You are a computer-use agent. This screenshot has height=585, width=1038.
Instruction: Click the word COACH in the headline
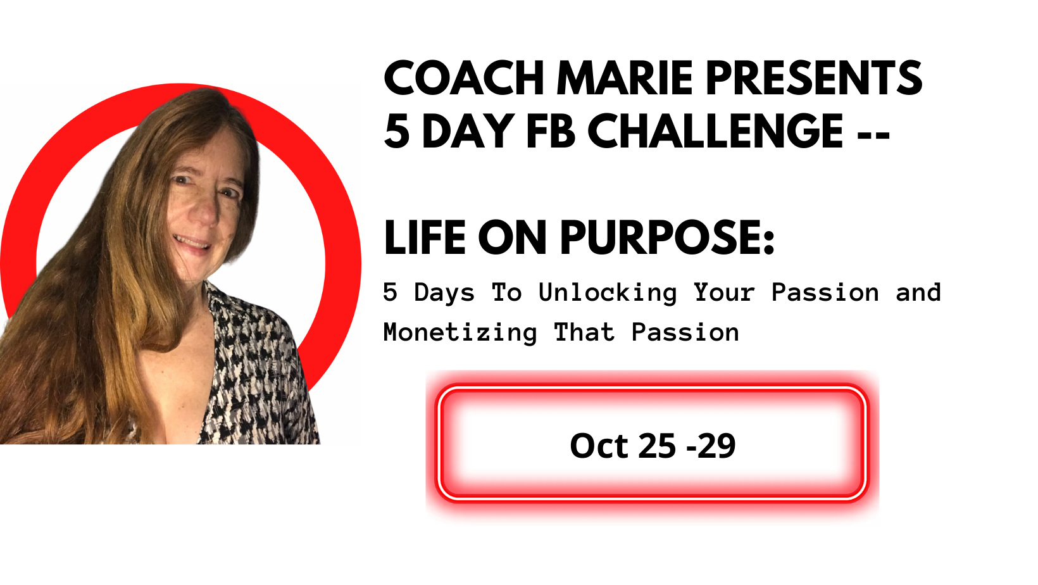464,78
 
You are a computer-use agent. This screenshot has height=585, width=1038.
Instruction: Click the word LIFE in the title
425,237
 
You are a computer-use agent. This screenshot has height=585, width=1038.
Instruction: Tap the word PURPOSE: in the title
667,237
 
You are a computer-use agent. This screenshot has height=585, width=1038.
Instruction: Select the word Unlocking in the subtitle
608,293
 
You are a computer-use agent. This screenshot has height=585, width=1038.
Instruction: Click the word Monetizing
460,333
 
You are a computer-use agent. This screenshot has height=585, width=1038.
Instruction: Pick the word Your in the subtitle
724,293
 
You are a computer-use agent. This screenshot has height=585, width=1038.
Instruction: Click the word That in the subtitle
584,332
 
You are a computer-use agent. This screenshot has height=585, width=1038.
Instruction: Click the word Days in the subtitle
444,293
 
